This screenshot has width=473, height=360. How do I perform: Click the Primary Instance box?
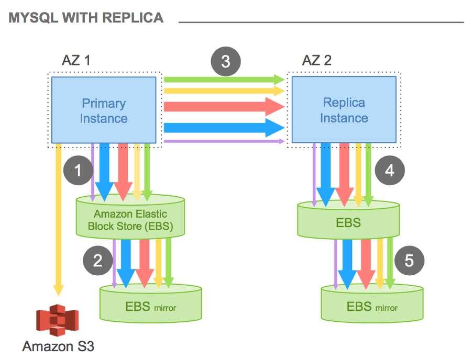(104, 110)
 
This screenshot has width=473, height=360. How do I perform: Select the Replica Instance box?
(344, 110)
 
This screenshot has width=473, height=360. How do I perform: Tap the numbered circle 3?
(226, 61)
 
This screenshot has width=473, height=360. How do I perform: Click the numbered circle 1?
(78, 170)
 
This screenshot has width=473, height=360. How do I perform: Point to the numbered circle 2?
(98, 260)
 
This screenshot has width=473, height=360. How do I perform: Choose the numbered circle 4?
(390, 170)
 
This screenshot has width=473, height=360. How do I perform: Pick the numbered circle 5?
(409, 260)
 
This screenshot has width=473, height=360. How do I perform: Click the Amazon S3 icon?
(57, 320)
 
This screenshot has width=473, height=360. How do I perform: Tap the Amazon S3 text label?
(58, 346)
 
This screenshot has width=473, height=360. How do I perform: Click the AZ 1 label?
(76, 60)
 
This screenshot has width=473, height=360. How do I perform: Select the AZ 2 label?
(317, 60)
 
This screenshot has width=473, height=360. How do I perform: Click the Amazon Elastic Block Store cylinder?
(130, 216)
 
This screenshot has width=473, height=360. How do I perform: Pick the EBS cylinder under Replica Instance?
(348, 219)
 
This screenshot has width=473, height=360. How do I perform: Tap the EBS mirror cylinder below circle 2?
(150, 303)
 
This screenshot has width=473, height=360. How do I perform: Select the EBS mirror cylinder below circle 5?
(372, 303)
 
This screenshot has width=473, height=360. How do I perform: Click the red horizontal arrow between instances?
(224, 106)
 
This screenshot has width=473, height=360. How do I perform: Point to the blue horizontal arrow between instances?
(224, 128)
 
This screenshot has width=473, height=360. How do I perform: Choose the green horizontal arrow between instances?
(224, 80)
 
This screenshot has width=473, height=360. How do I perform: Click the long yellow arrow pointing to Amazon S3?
(59, 220)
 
